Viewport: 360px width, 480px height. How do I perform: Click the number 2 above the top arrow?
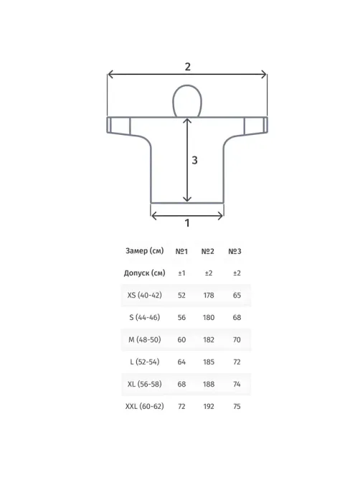[x=187, y=67]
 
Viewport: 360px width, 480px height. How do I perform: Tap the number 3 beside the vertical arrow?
[x=194, y=160]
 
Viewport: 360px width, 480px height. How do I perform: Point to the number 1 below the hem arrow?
[x=187, y=223]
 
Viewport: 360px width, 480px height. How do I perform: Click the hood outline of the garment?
[x=173, y=101]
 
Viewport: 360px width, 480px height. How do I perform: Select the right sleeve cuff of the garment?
[x=265, y=125]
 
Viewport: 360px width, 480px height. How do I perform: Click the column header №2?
[x=208, y=251]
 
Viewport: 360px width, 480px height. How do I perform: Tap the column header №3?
[x=235, y=251]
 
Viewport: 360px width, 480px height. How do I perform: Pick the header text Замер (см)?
[x=145, y=251]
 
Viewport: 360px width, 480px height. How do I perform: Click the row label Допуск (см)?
[x=144, y=273]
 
